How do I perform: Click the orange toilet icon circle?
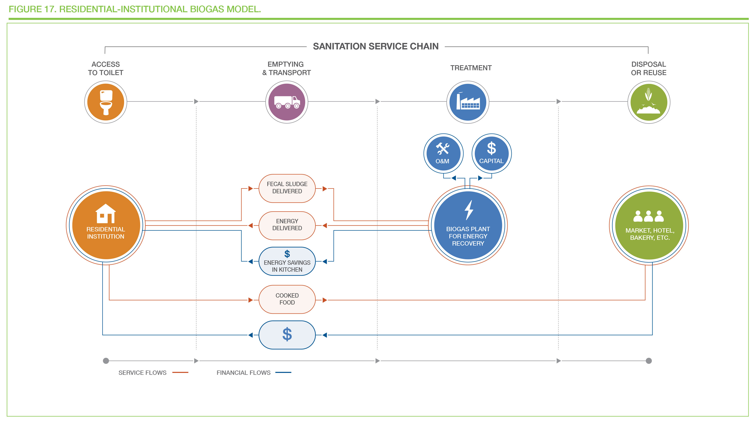[x=106, y=102]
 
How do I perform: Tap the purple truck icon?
[x=287, y=102]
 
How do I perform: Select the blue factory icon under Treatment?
[x=468, y=102]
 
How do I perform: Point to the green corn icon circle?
[x=649, y=102]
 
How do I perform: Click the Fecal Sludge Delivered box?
[x=287, y=188]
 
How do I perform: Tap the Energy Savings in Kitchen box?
[x=287, y=261]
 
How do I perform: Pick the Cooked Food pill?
[x=287, y=299]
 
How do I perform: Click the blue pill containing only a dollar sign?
[x=287, y=335]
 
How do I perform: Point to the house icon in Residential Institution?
[x=106, y=214]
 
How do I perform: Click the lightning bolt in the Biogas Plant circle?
[x=469, y=210]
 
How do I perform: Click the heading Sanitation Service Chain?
[x=376, y=47]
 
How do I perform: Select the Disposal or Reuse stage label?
[x=649, y=68]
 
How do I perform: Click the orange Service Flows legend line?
[x=180, y=372]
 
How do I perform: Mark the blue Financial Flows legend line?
[x=283, y=372]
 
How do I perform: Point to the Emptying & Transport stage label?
[x=286, y=68]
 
